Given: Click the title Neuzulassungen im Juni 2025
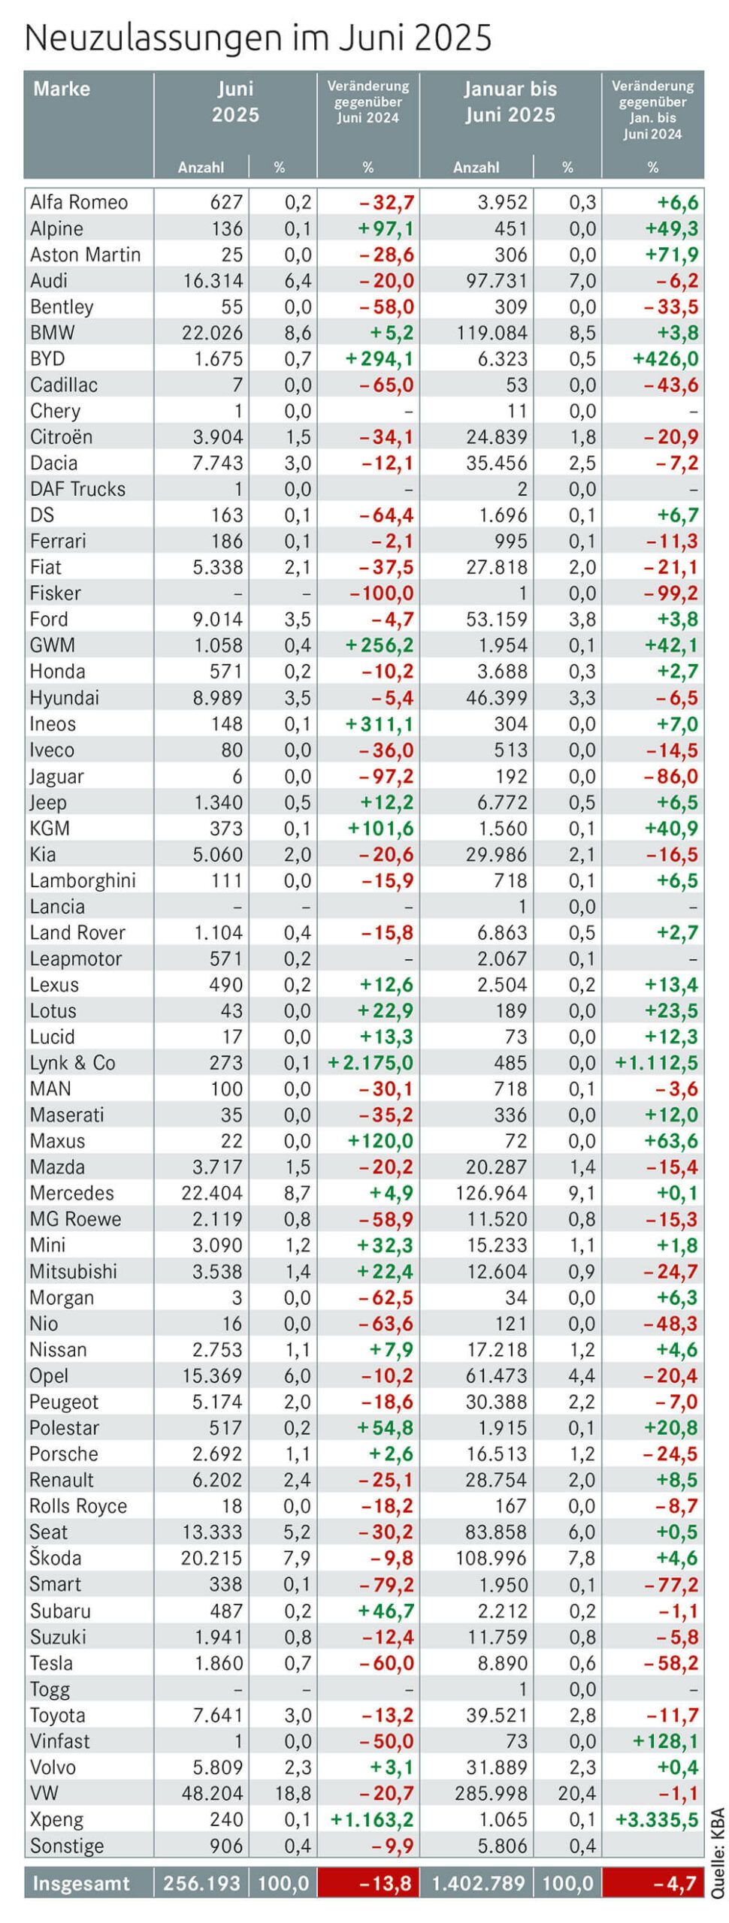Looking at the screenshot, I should tap(258, 38).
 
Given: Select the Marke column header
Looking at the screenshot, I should tap(62, 89).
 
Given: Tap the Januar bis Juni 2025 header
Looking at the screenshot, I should tap(510, 101).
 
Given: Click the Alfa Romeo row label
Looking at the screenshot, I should tap(79, 202).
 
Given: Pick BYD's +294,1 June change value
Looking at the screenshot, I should tap(379, 358).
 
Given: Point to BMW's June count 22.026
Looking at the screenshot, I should tap(212, 332).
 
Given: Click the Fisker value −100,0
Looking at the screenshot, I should tap(382, 593).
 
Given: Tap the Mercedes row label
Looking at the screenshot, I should tap(72, 1193).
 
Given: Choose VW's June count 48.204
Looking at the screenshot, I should tap(212, 1793).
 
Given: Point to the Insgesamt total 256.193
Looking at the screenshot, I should tap(201, 1883).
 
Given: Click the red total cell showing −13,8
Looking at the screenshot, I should tap(368, 1883).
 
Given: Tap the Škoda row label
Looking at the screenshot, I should tap(56, 1558).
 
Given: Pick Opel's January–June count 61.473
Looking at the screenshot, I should tap(497, 1375).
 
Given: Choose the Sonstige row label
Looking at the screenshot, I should tap(67, 1846).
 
